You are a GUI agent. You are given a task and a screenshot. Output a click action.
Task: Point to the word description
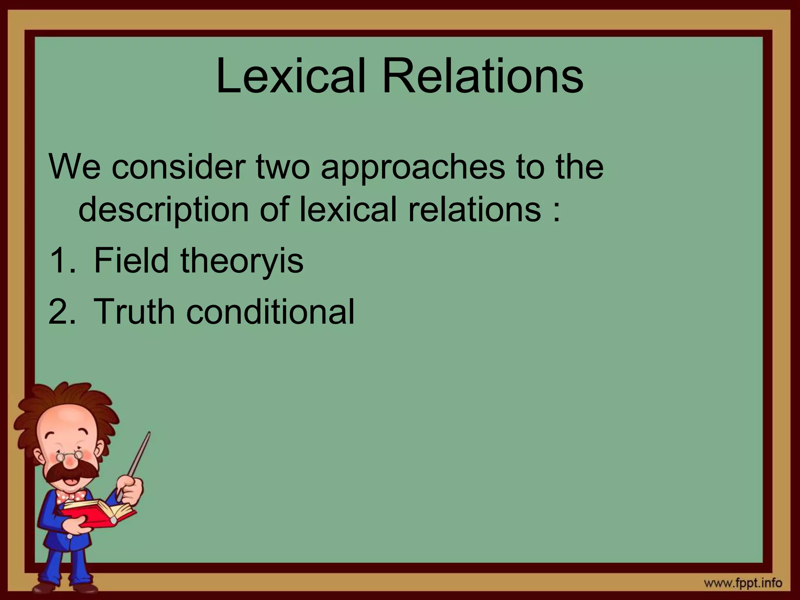point(163,210)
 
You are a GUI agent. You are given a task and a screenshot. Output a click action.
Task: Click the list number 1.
point(61,261)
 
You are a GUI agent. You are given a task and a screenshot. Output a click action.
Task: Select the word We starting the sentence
point(74,167)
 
